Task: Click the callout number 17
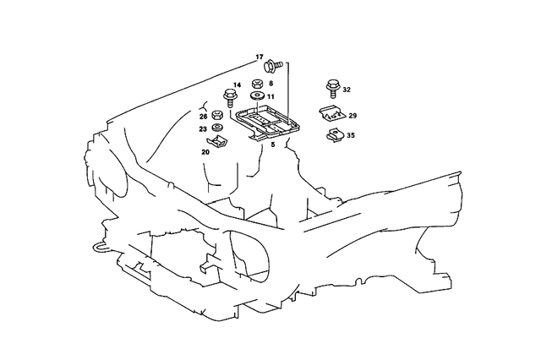coord(260,57)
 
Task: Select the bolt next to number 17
coord(273,66)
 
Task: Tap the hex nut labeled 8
coord(257,84)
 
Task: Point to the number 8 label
coord(270,83)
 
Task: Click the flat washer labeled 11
coord(257,95)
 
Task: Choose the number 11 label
coord(270,97)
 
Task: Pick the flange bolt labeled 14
coord(229,98)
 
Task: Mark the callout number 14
coord(237,85)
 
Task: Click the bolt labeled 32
coord(332,89)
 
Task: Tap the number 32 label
coord(347,90)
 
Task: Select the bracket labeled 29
coord(331,113)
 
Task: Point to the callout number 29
coord(352,116)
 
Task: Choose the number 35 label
coord(351,135)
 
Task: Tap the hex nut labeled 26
coord(216,114)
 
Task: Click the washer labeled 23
coord(216,128)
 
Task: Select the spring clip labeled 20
coord(217,142)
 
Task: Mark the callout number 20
coord(205,152)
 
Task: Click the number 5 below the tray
coord(273,145)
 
